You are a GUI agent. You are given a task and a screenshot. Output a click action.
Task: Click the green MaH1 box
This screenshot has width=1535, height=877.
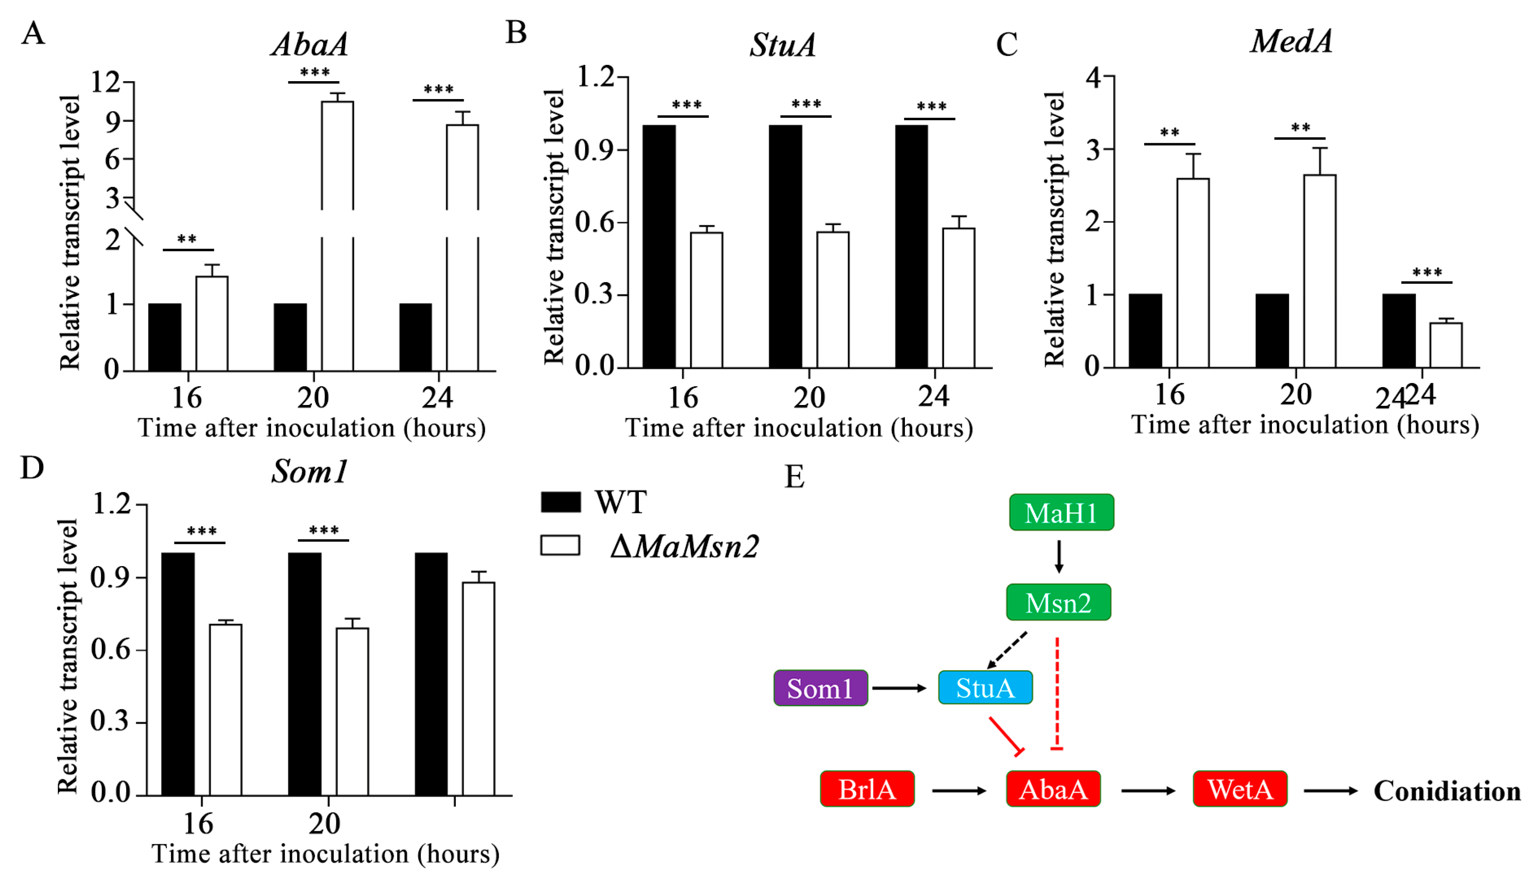(1061, 512)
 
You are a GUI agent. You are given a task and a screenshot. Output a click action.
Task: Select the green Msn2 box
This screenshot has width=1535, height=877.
(1058, 602)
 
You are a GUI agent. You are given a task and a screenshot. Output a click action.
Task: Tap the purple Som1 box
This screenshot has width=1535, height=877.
(820, 688)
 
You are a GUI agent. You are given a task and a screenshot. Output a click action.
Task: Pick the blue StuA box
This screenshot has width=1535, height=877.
(985, 687)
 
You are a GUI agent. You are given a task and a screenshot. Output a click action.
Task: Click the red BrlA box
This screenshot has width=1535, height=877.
(867, 788)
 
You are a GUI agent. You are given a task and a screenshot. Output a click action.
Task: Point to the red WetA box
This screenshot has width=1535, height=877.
(1239, 788)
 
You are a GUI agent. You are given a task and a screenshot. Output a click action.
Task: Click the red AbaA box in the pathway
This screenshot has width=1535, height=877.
(1053, 788)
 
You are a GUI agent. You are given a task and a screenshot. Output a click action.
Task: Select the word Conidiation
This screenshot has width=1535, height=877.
(1446, 791)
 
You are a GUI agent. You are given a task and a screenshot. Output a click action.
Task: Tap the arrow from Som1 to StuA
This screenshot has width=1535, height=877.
(899, 688)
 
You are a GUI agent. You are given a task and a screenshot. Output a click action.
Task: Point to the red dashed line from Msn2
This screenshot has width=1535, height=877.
(1056, 693)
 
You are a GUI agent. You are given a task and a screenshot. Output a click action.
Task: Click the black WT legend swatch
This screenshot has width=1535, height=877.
(560, 502)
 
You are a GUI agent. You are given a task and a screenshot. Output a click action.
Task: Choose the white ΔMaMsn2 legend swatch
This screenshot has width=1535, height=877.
(560, 545)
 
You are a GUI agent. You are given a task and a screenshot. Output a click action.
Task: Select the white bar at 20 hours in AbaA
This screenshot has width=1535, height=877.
(337, 235)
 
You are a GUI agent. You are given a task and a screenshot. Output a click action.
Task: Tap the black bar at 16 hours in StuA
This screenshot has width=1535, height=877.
(659, 246)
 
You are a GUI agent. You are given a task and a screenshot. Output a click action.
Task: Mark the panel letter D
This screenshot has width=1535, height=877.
(32, 467)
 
